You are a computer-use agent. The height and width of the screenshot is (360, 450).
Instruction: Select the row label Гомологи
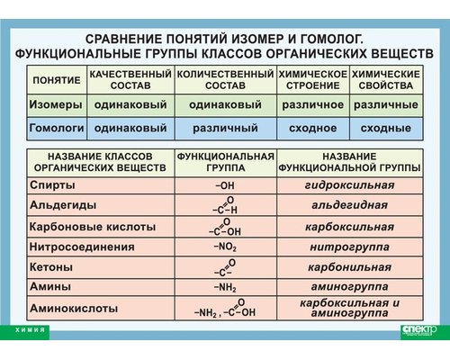[x=57, y=128]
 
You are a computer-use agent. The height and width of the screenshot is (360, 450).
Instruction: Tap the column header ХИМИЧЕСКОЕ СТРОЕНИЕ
[x=312, y=79]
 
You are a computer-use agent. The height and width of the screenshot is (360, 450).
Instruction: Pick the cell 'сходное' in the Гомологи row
[x=312, y=128]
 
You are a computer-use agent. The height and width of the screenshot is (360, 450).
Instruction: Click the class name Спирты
[x=47, y=185]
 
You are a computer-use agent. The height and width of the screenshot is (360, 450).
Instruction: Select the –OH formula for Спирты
[x=225, y=185]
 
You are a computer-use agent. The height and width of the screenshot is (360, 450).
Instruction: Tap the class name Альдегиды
[x=59, y=206]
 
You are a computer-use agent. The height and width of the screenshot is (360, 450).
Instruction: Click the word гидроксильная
[x=349, y=185]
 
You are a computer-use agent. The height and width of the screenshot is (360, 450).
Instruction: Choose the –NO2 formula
[x=225, y=246]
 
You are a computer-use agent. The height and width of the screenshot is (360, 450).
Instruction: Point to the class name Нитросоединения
[x=81, y=246]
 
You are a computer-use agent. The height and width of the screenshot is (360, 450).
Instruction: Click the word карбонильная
[x=349, y=267]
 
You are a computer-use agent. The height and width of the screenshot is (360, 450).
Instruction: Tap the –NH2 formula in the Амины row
[x=225, y=287]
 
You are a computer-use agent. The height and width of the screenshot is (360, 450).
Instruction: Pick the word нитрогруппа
[x=349, y=246]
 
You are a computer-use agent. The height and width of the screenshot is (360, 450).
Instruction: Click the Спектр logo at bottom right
[x=418, y=330]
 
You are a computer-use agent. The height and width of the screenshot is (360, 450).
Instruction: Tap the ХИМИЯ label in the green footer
[x=31, y=330]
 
